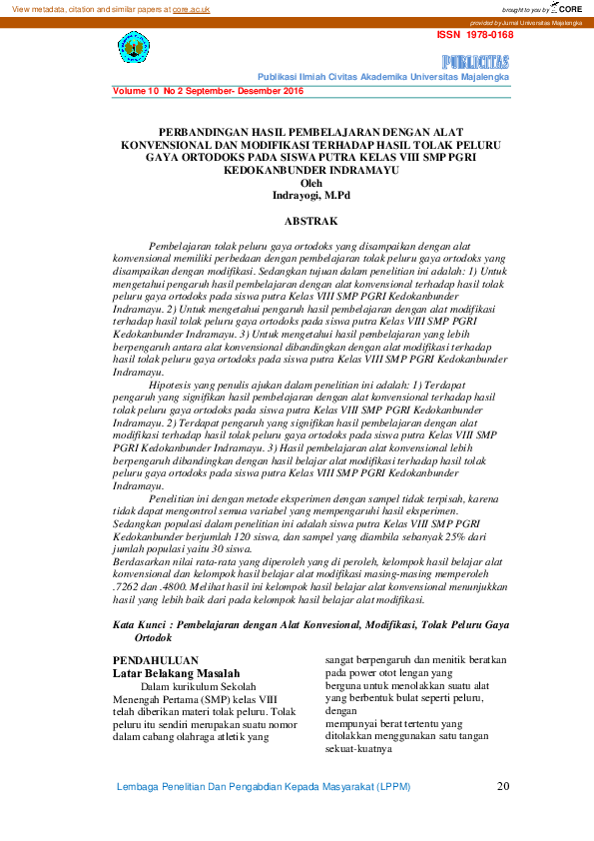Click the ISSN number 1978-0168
[x=475, y=35]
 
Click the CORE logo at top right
[x=565, y=8]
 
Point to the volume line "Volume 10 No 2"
[x=163, y=91]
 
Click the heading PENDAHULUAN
[x=155, y=660]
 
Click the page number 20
[x=503, y=786]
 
